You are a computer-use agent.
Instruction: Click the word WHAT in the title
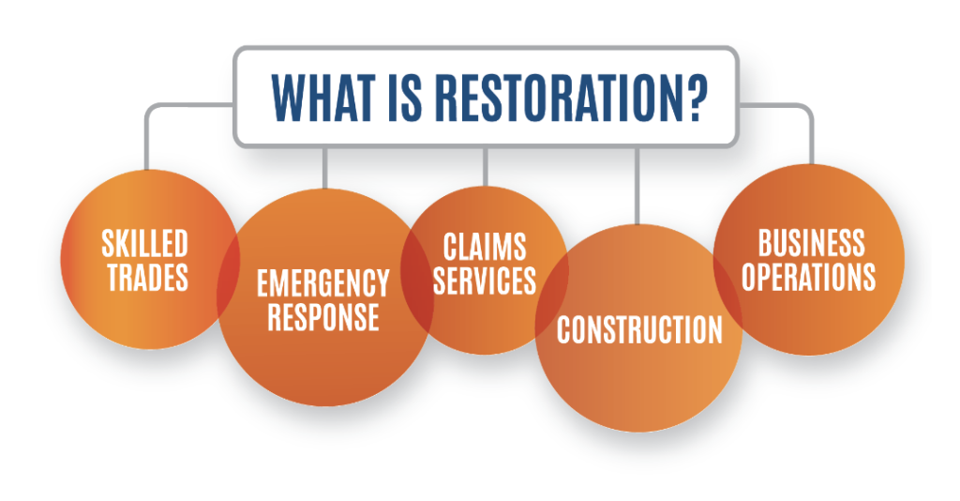322,98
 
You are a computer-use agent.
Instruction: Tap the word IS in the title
405,98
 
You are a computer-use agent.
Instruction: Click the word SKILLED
144,244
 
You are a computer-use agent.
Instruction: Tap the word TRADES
147,278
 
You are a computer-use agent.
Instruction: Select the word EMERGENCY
323,283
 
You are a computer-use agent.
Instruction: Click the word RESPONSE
323,317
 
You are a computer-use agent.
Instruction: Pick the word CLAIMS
485,248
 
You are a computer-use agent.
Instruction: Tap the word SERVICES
485,281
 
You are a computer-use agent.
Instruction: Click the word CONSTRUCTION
639,330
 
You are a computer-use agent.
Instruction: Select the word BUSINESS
811,243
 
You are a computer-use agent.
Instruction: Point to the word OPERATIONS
809,277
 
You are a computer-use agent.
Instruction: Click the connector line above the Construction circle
637,186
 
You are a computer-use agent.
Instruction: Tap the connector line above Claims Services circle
485,167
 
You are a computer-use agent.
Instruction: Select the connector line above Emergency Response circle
324,169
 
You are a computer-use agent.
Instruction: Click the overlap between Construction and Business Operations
727,288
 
